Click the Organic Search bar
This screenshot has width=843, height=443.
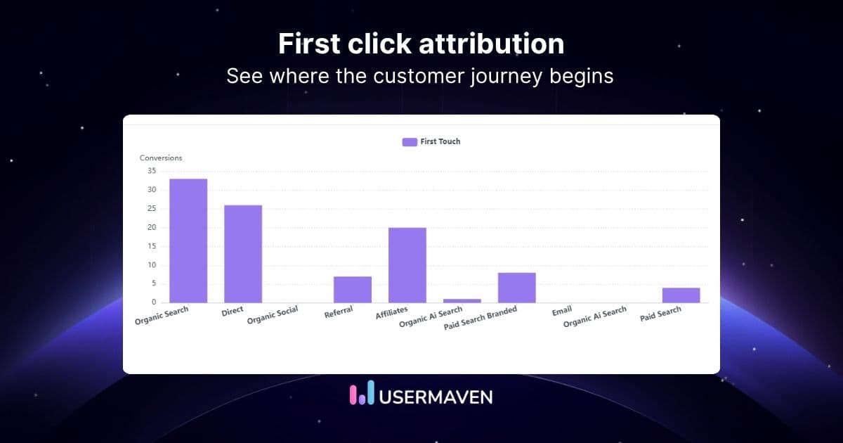188,240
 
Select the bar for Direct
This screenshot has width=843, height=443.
243,254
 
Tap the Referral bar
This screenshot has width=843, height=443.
353,289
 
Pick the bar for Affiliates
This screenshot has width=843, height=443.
407,265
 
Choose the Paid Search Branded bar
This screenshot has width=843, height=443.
517,288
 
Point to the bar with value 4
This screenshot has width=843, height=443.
681,295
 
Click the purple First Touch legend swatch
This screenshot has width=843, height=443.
410,142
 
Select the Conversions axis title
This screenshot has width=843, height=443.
161,158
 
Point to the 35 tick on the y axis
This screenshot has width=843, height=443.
152,171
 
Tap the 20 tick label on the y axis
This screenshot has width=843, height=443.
152,227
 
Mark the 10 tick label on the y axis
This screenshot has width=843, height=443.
152,265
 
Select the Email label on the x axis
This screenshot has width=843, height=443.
562,310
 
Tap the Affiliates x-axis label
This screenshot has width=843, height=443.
392,314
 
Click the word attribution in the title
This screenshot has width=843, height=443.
492,44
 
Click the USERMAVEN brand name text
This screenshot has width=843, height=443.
436,396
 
